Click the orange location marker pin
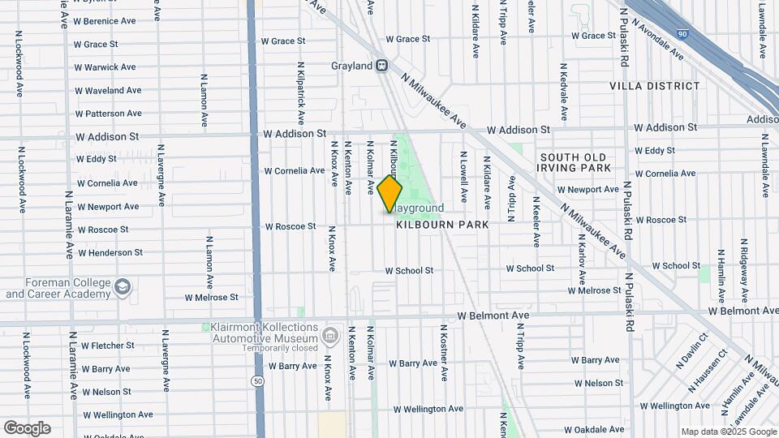pos(389,194)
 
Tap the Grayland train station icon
pos(381,65)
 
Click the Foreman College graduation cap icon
pos(122,286)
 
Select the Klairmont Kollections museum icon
pos(329,335)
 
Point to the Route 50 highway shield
pos(257,380)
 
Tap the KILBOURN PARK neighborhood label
pos(442,225)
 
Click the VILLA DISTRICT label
pos(654,86)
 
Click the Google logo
pos(27,428)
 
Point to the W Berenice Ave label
pos(105,21)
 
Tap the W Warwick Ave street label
pos(105,67)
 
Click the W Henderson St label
pos(110,253)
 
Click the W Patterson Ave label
pos(108,114)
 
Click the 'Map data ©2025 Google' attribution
pos(728,432)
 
